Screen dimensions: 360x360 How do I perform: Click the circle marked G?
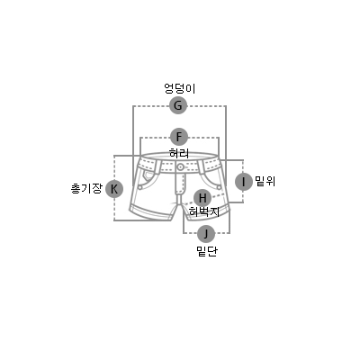pyautogui.click(x=178, y=105)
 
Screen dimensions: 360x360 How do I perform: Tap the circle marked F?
pyautogui.click(x=179, y=137)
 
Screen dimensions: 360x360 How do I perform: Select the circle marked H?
pyautogui.click(x=202, y=198)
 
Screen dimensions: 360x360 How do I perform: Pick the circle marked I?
pyautogui.click(x=243, y=182)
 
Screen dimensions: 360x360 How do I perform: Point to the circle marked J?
pyautogui.click(x=206, y=234)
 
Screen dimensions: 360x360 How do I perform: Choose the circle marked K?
pyautogui.click(x=114, y=189)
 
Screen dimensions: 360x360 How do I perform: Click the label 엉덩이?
pyautogui.click(x=180, y=88)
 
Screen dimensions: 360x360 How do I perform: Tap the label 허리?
pyautogui.click(x=179, y=153)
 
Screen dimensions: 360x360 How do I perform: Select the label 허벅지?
pyautogui.click(x=204, y=211)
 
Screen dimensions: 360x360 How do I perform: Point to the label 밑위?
pyautogui.click(x=265, y=181)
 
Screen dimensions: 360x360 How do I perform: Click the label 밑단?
pyautogui.click(x=207, y=251)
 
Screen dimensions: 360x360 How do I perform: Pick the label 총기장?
pyautogui.click(x=86, y=189)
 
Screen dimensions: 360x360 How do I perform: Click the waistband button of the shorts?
pyautogui.click(x=180, y=167)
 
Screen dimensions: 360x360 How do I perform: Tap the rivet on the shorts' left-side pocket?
pyautogui.click(x=140, y=187)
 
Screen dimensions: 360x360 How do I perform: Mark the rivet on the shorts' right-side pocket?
pyautogui.click(x=219, y=187)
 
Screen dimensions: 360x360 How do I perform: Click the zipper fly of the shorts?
pyautogui.click(x=180, y=183)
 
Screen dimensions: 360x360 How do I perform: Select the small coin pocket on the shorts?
pyautogui.click(x=148, y=176)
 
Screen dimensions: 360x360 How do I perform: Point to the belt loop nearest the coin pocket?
pyautogui.click(x=157, y=166)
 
